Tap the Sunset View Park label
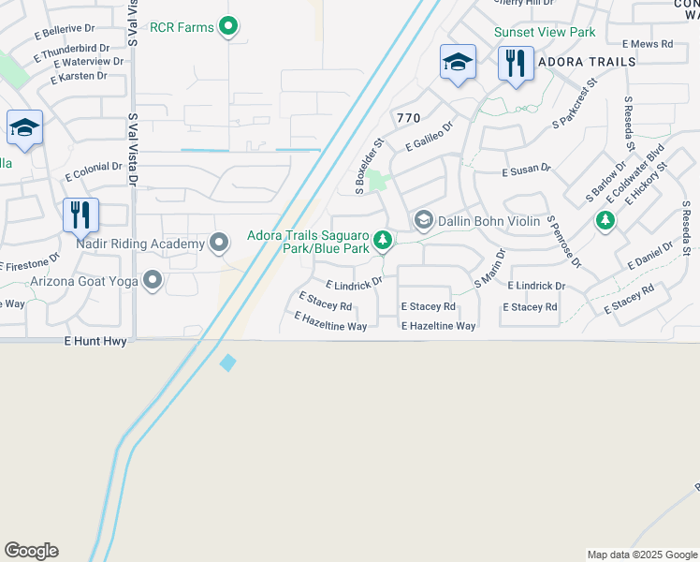tap(545, 32)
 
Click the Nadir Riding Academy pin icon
tap(220, 244)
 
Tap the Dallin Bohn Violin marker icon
tap(423, 220)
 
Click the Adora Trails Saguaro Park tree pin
tap(382, 242)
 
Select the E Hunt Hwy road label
tap(95, 343)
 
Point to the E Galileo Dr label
tap(430, 136)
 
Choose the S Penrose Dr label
tap(563, 241)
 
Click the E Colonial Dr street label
tap(94, 171)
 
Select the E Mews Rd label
tap(647, 43)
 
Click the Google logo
tap(31, 551)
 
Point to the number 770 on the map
tap(408, 118)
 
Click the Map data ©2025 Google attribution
tap(642, 555)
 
